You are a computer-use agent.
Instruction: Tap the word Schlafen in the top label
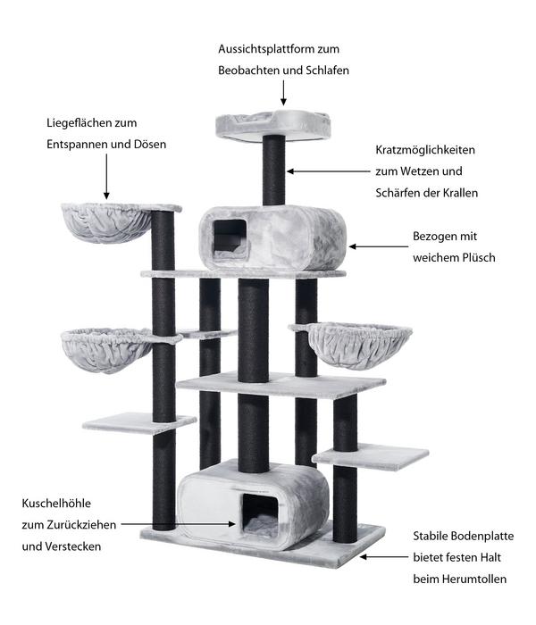click(328, 71)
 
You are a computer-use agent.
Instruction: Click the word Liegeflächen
click(75, 123)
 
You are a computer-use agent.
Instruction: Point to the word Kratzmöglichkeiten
click(425, 150)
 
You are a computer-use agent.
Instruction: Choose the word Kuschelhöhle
click(56, 504)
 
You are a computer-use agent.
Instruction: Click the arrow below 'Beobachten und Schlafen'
click(283, 93)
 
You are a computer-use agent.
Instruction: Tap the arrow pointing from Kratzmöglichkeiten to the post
click(329, 171)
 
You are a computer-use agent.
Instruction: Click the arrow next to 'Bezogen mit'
click(379, 246)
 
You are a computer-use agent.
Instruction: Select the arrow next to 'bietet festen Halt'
click(384, 557)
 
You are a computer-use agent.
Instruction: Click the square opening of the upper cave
click(230, 238)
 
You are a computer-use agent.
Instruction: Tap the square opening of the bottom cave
click(260, 515)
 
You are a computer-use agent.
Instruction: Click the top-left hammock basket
click(107, 222)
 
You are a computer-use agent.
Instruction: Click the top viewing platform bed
click(273, 125)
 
